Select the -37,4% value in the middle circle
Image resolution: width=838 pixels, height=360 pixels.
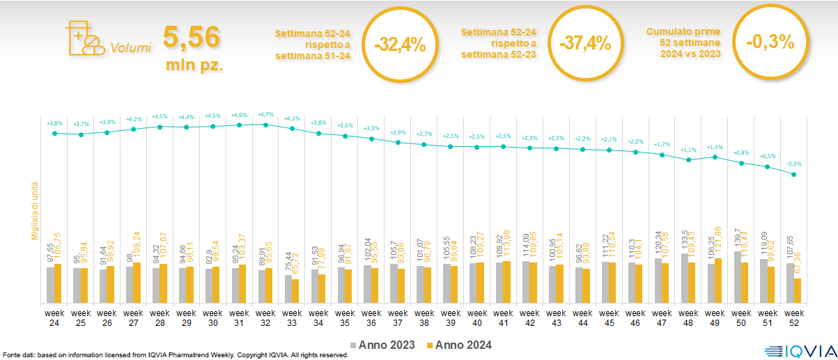tap(584, 44)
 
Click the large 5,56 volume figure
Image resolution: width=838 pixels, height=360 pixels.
tap(192, 38)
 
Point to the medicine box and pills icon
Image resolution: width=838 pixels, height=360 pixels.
tap(82, 38)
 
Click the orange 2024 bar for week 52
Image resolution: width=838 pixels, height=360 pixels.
tap(798, 290)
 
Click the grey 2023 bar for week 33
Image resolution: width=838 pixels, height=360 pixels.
tap(288, 289)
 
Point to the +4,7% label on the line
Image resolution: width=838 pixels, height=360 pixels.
tap(265, 114)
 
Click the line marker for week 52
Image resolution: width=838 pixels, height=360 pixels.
tap(794, 174)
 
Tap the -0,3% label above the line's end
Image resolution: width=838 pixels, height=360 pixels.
tap(794, 164)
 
